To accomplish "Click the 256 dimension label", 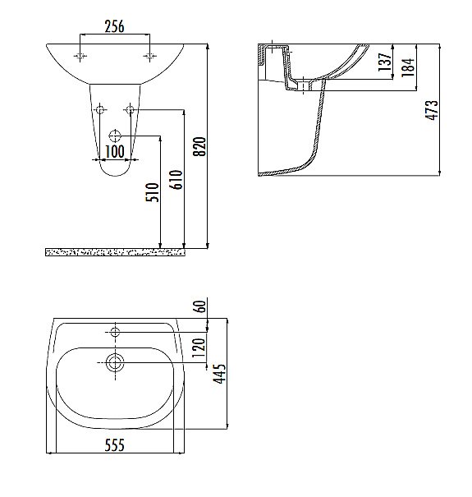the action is tap(114, 26).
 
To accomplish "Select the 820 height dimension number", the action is tap(200, 146).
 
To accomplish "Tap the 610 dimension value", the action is tap(176, 180).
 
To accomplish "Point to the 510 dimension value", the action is tap(153, 192).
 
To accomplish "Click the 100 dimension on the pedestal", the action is tap(115, 151).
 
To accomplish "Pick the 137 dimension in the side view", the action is tap(385, 62).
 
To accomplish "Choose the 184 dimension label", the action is tap(408, 67).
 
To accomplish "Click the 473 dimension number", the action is tap(432, 110).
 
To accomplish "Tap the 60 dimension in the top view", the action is tap(201, 306).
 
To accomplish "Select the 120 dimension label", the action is tap(199, 347).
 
